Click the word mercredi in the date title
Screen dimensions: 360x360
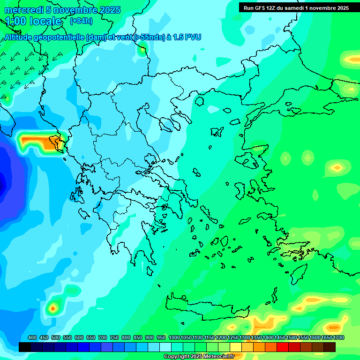coord(24,10)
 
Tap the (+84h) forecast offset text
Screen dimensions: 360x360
coord(81,21)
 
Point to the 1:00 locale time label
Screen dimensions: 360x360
coord(33,21)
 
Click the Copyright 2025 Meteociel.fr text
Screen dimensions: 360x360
coord(199,356)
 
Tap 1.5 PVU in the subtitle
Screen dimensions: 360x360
coord(184,37)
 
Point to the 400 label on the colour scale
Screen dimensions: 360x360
coord(32,338)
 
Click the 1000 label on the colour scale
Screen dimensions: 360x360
coord(174,338)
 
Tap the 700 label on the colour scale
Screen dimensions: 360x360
coord(103,338)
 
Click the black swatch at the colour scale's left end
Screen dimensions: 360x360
coord(25,347)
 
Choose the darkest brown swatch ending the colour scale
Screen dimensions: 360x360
coord(330,347)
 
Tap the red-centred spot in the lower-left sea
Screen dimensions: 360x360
coord(53,308)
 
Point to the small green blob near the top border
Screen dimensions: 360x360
coord(142,48)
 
